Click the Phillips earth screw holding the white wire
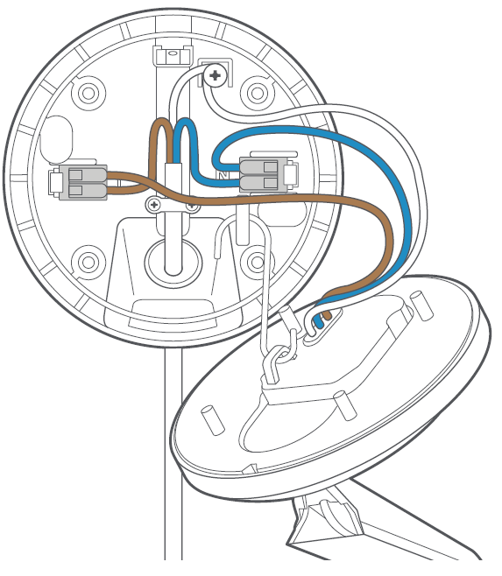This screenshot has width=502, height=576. coord(214,75)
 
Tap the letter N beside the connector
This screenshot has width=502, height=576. coord(223,175)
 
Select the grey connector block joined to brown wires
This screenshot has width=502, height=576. coord(78,182)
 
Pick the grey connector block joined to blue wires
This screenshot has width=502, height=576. coord(268,173)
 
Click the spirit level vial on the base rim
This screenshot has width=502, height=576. coord(173,56)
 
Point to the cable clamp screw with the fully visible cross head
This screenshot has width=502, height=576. coord(154,205)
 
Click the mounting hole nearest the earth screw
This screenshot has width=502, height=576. coord(257,93)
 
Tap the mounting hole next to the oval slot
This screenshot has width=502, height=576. coord(88,94)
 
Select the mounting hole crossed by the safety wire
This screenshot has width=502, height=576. coord(257,263)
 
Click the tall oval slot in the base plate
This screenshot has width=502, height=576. coord(56,139)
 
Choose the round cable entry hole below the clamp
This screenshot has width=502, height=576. coord(173,261)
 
